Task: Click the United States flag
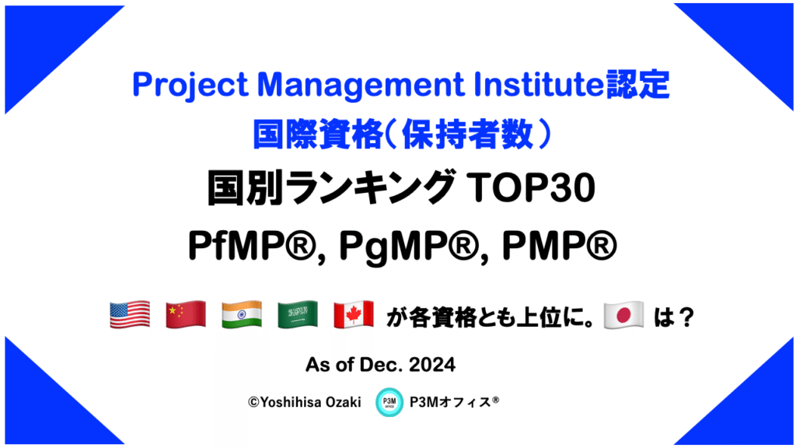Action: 130,315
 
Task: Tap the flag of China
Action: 186,315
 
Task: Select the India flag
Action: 242,315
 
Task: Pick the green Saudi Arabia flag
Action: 298,315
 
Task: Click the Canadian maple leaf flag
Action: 354,315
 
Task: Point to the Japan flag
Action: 623,315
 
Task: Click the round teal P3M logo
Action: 389,402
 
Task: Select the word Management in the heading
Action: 361,86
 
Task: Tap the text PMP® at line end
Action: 560,246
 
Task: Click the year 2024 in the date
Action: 432,365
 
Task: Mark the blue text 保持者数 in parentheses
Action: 468,135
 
